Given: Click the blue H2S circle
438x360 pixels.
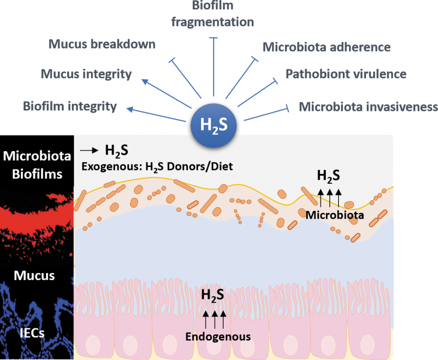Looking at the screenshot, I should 214,124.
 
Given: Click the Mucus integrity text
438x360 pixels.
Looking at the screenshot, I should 86,74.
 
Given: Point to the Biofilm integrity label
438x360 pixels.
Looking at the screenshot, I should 70,106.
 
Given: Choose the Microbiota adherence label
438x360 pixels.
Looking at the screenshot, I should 326,47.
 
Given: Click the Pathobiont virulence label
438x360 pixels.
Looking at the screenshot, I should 346,74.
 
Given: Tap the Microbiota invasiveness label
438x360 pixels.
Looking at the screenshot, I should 368,106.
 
